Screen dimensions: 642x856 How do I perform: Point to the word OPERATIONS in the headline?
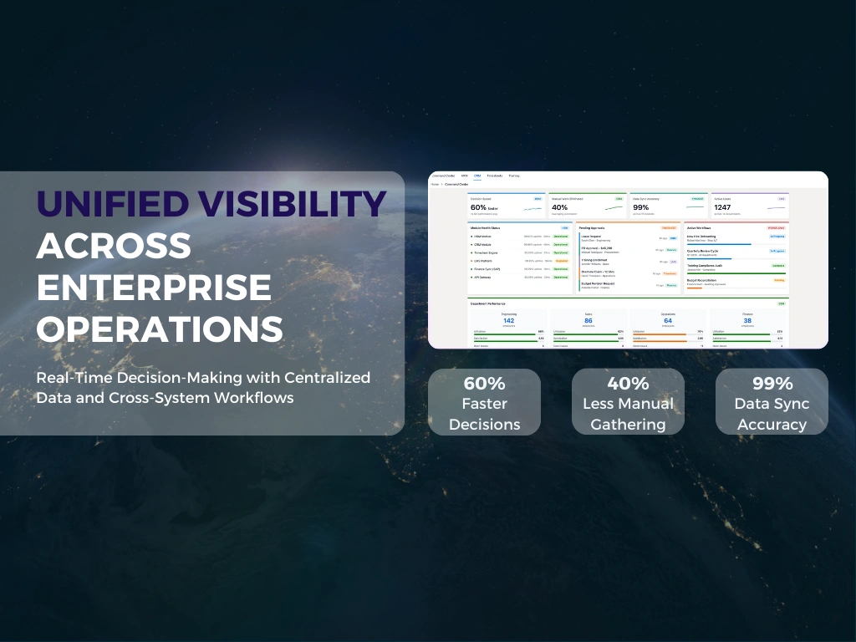pos(160,329)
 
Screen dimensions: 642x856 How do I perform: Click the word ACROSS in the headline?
pos(114,246)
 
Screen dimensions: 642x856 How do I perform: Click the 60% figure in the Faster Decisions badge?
pos(484,385)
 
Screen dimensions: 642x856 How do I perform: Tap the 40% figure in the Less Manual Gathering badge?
pos(628,385)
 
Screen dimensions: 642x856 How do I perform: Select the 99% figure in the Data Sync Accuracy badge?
pos(772,385)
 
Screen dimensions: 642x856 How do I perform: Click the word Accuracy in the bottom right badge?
pos(772,424)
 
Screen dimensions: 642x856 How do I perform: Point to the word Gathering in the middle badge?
pos(628,424)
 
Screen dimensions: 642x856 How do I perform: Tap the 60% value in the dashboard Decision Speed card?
pos(478,207)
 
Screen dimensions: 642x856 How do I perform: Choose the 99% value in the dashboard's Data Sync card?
pos(641,207)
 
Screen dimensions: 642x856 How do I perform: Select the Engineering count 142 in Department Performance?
pos(508,320)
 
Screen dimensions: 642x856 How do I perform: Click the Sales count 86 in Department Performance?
pos(588,320)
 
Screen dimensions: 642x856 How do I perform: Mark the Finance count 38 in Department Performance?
pos(747,320)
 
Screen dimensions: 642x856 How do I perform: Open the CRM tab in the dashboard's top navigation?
pos(477,176)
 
